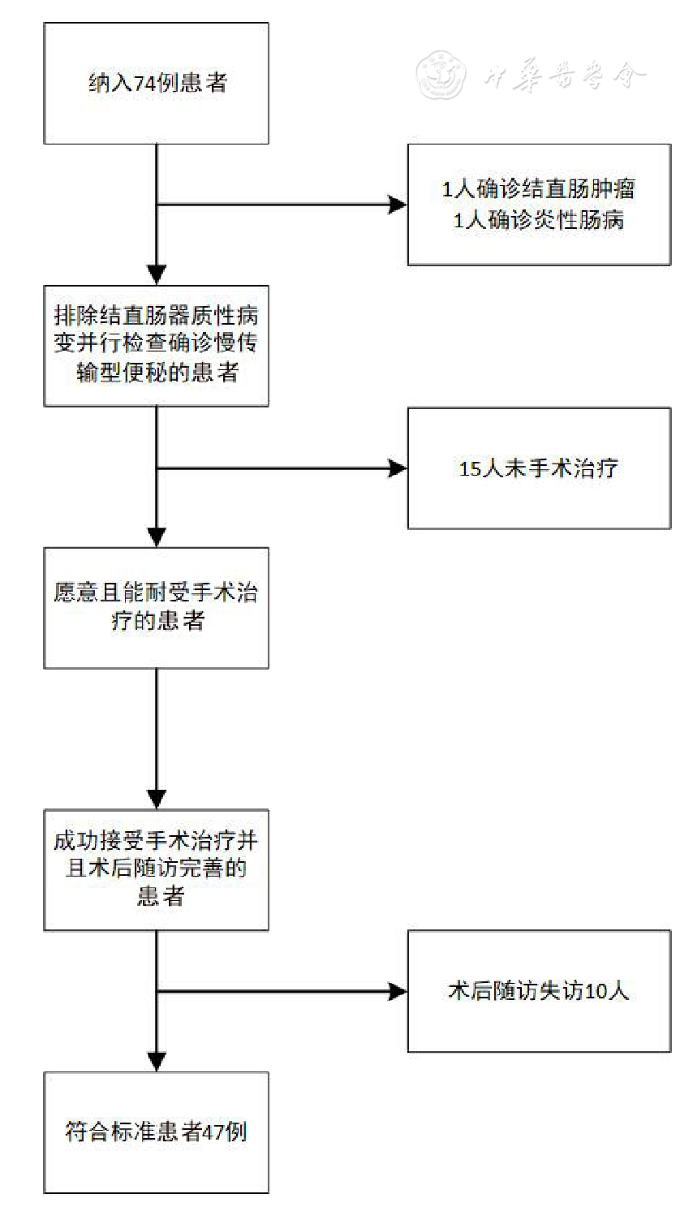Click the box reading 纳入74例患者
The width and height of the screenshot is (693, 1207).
pyautogui.click(x=156, y=84)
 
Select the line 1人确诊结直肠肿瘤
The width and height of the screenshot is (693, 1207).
pyautogui.click(x=538, y=189)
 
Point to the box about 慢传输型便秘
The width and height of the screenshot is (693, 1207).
pyautogui.click(x=156, y=345)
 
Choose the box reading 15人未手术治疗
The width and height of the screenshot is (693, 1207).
pyautogui.click(x=538, y=468)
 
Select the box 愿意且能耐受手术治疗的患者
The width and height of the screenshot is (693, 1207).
pyautogui.click(x=156, y=607)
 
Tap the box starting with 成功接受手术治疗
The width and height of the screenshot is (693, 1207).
pyautogui.click(x=156, y=869)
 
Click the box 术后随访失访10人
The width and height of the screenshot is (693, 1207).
pyautogui.click(x=538, y=991)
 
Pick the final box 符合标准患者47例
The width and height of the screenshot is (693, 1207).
pyautogui.click(x=156, y=1132)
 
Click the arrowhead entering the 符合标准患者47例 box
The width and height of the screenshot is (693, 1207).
pyautogui.click(x=156, y=1062)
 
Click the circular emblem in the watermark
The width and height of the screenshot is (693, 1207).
pyautogui.click(x=440, y=73)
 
